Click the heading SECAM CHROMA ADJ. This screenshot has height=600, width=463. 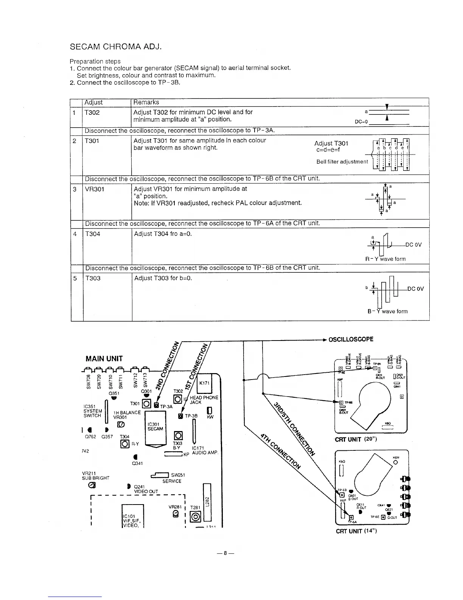[115, 47]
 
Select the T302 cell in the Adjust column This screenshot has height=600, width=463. [92, 112]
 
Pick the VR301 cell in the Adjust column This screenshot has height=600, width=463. [95, 189]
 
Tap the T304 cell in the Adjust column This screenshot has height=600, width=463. [93, 234]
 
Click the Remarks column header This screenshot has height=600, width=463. [146, 102]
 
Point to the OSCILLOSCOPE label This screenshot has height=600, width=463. [351, 339]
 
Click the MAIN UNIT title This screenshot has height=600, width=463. [104, 358]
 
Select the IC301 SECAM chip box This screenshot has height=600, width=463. [155, 427]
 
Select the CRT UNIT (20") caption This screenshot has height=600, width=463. [355, 439]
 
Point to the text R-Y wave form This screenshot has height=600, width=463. [385, 259]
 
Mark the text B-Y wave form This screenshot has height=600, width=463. [387, 311]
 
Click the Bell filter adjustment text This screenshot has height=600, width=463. [342, 162]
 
